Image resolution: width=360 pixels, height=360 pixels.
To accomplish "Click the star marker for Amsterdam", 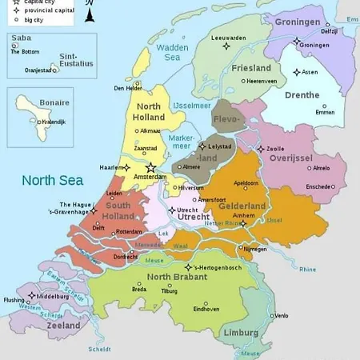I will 150,167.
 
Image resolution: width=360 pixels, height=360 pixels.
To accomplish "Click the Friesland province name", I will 251,69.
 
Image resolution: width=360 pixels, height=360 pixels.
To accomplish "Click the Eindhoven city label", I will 206,309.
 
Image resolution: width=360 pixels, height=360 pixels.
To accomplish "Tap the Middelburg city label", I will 54,296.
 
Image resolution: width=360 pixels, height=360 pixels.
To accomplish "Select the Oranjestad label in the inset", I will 42,70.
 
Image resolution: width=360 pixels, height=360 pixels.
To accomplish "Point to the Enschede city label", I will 318,186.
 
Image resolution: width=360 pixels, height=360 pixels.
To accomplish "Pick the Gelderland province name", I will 242,206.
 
